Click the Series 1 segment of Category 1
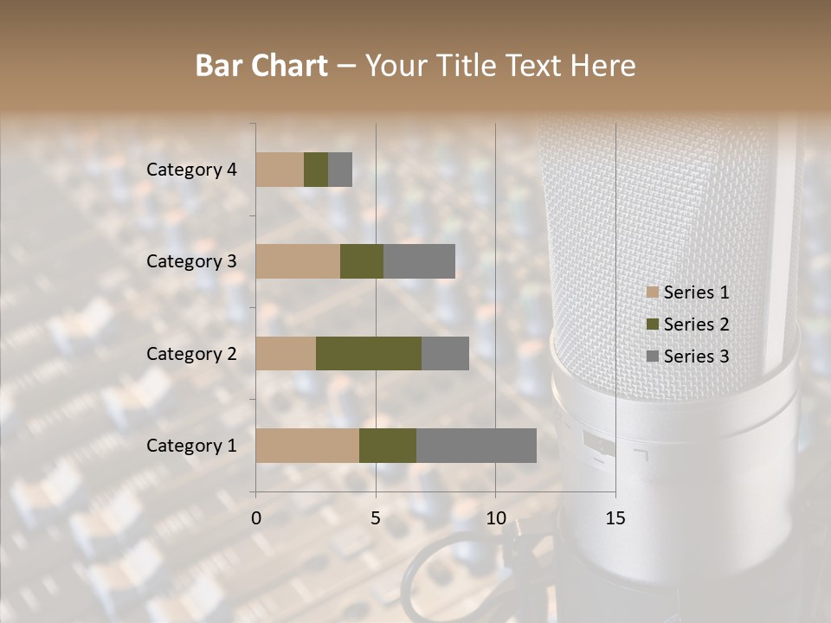pos(307,445)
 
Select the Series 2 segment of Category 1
pos(388,445)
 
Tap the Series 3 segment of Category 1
pos(476,445)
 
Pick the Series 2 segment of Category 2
pos(369,353)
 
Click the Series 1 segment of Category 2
pos(286,353)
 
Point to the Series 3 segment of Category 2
pos(445,353)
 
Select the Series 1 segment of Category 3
pos(298,261)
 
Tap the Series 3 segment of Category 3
pos(419,261)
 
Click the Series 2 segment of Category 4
pos(316,170)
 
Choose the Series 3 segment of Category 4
pos(340,170)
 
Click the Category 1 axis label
pos(191,446)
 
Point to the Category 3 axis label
pos(191,261)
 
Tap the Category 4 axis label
pos(191,170)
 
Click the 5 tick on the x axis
pos(376,518)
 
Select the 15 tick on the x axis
pos(615,518)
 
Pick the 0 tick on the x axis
pos(256,518)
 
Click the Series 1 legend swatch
pos(653,292)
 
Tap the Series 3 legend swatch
pos(653,356)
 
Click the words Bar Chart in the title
pos(261,66)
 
